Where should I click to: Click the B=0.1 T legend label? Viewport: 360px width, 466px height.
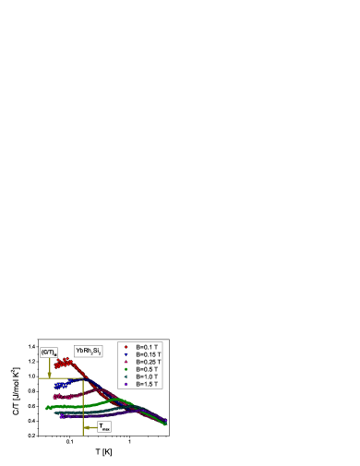(148, 347)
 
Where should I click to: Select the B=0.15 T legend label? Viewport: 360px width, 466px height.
(149, 354)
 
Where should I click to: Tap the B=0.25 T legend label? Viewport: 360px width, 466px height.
(149, 362)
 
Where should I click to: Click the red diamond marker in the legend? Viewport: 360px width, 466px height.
(126, 347)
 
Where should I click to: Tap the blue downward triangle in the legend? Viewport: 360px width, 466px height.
(126, 354)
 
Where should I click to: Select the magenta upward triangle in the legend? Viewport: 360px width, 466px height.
(126, 362)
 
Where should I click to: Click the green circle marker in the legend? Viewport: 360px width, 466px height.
(126, 369)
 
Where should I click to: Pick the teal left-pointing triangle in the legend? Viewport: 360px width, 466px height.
(126, 376)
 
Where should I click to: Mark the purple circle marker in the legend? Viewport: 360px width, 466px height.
(126, 384)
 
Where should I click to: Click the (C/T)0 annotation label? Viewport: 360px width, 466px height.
(49, 352)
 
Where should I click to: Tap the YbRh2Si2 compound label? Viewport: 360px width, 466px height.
(89, 351)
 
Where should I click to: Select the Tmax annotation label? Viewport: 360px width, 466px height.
(104, 427)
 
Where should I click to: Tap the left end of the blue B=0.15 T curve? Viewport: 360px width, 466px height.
(54, 384)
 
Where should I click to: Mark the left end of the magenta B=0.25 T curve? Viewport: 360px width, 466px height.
(54, 397)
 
